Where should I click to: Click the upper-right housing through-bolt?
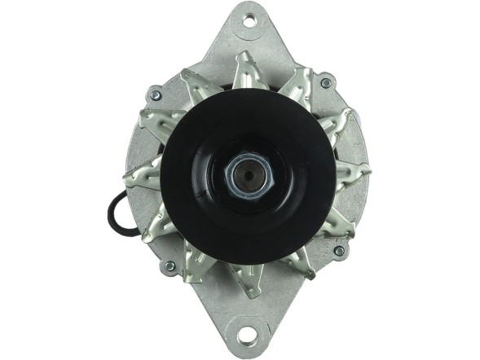pyautogui.click(x=326, y=82)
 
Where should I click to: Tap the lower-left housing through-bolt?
pyautogui.click(x=170, y=266)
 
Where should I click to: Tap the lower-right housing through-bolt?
pyautogui.click(x=338, y=251)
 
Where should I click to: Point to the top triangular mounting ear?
pyautogui.click(x=248, y=33)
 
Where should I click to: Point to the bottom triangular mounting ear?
pyautogui.click(x=244, y=322)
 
